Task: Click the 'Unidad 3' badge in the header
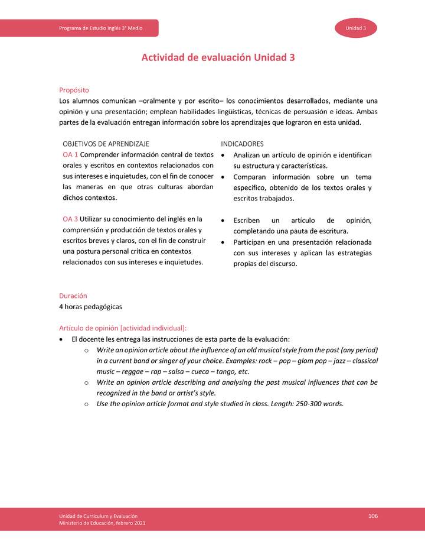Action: (x=357, y=28)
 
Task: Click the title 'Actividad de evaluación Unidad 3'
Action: (x=218, y=58)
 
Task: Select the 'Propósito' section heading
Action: (x=74, y=90)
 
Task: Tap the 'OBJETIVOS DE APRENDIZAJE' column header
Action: (x=106, y=144)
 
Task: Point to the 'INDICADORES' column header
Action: (x=242, y=144)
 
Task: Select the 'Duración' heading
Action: (x=73, y=296)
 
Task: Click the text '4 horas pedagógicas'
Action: (x=91, y=307)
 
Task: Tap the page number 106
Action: (x=372, y=516)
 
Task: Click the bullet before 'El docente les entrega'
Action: (x=62, y=339)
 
